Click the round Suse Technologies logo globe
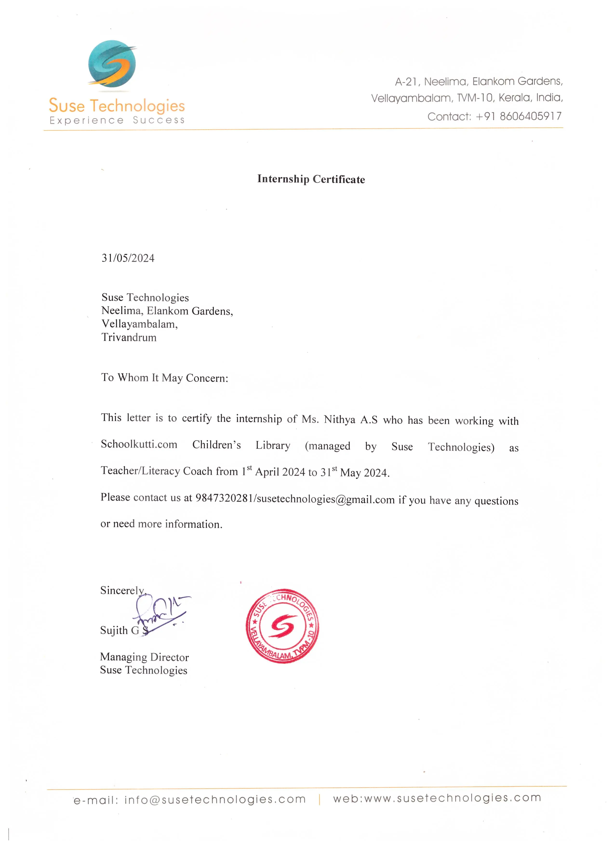[x=112, y=64]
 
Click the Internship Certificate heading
[x=311, y=179]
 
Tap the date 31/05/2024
[x=128, y=258]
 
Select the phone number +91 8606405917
[x=518, y=116]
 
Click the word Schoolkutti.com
[x=139, y=444]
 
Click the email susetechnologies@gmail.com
[x=326, y=499]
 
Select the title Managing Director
[x=144, y=657]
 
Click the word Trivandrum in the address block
[x=129, y=338]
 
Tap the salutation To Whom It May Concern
[x=164, y=378]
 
